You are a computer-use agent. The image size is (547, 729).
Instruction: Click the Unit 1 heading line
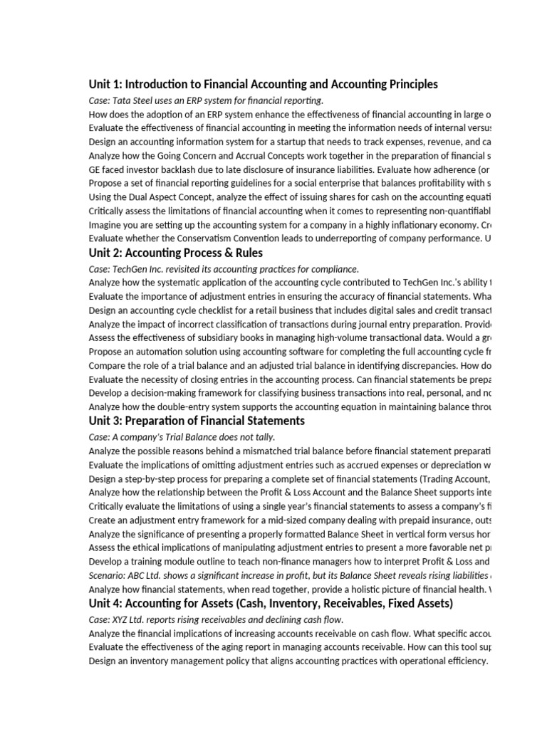coord(263,85)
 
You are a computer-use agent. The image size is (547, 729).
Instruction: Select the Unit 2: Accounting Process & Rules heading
coord(175,253)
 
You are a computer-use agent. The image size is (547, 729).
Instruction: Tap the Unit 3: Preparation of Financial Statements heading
coord(197,421)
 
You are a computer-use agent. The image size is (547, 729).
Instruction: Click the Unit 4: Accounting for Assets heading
coord(271,604)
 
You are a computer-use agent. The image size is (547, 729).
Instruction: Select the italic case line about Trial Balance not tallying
coord(182,436)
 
